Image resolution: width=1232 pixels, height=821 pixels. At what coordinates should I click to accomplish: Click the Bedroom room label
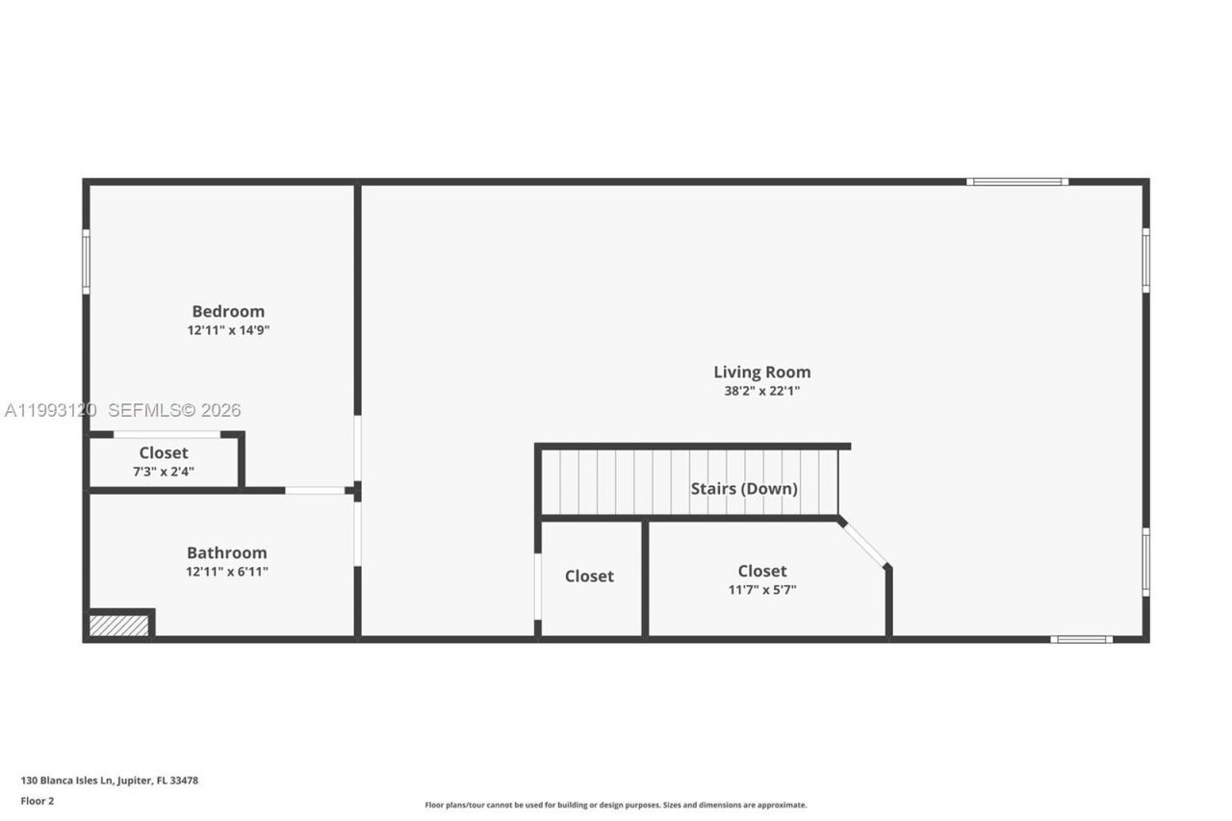(x=228, y=311)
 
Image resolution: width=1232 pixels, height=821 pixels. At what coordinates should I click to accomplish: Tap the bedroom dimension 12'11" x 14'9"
(x=228, y=330)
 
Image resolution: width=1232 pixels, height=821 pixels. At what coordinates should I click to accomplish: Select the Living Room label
(x=761, y=372)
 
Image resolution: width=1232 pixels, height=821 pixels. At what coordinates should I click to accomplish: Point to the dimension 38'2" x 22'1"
(x=761, y=391)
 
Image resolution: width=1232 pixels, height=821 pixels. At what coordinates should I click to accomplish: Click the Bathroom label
(x=227, y=552)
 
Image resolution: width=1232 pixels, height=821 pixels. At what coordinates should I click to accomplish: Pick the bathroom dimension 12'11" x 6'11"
(x=227, y=572)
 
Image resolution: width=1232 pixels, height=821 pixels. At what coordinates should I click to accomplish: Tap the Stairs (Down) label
(x=744, y=488)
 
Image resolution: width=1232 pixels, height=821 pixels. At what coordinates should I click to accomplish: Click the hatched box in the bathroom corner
(x=119, y=626)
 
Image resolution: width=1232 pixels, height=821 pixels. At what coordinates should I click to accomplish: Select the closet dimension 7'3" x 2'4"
(x=164, y=471)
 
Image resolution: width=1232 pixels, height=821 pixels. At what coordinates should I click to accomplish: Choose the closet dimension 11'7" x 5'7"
(x=762, y=590)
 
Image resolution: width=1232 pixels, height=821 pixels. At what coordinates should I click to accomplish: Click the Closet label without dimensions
(x=589, y=576)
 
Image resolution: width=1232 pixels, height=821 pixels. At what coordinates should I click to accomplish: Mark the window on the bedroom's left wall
(x=86, y=261)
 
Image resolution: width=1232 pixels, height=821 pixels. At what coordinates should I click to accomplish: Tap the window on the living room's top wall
(x=1017, y=181)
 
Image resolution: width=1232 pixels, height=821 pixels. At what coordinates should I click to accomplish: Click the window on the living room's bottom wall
(x=1081, y=639)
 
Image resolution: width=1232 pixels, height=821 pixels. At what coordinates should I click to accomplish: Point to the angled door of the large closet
(x=864, y=545)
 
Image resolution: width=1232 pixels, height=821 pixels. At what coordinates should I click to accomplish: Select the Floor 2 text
(x=38, y=801)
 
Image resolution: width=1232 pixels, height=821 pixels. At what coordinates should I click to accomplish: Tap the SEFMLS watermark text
(x=173, y=410)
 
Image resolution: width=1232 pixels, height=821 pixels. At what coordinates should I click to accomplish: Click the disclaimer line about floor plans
(x=616, y=805)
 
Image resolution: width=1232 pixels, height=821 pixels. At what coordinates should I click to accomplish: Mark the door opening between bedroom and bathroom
(x=315, y=491)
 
